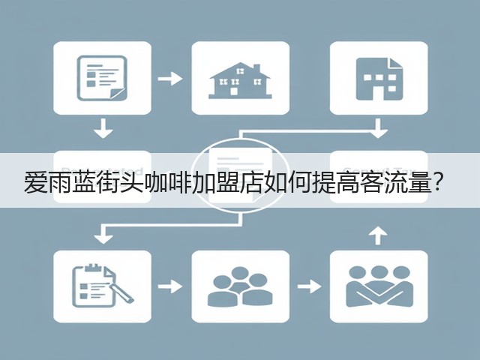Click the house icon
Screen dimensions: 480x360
(x=240, y=80)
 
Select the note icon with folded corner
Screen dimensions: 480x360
(x=102, y=78)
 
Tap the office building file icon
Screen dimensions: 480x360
(x=379, y=79)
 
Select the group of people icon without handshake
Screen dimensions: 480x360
(x=240, y=286)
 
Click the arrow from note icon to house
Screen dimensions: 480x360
(x=170, y=79)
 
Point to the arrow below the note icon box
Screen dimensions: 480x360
(x=103, y=128)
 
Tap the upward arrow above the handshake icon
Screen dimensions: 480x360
(x=378, y=235)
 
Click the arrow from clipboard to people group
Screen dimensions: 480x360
(x=170, y=286)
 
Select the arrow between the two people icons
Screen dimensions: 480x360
(x=309, y=286)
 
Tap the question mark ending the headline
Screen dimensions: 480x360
(x=437, y=183)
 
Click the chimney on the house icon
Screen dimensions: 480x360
(x=256, y=69)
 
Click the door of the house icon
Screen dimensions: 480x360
(x=234, y=91)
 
